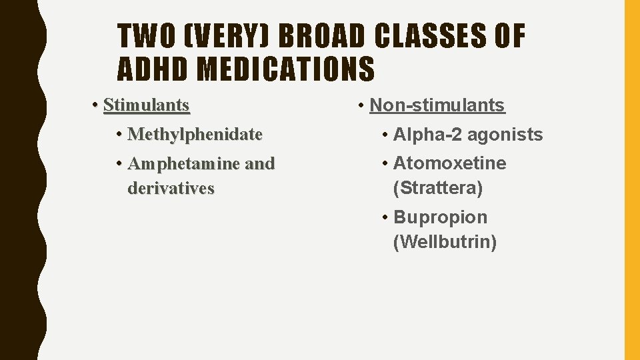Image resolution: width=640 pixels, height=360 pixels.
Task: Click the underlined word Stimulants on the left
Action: [147, 105]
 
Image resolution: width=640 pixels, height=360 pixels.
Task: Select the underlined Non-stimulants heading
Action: [437, 105]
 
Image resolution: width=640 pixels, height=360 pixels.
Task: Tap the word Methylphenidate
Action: [195, 135]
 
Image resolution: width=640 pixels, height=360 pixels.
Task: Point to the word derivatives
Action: [171, 189]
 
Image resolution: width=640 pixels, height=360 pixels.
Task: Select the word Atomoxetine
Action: [450, 163]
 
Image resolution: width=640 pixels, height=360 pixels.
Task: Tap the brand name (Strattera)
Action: [438, 189]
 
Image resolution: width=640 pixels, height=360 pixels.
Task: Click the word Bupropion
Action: [441, 217]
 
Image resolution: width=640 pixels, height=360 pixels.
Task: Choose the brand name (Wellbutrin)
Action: [445, 243]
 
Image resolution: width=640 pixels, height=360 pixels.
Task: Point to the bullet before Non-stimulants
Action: [361, 105]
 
